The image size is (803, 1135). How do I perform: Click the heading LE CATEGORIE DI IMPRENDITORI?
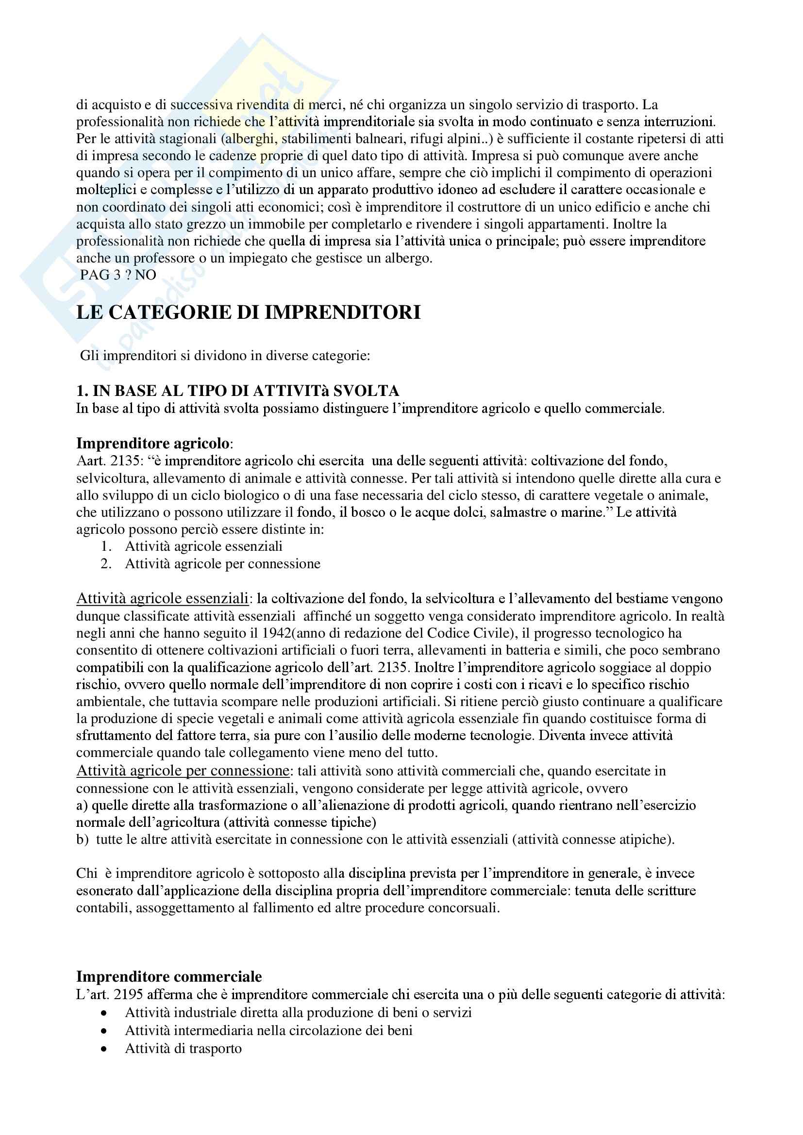pos(248,313)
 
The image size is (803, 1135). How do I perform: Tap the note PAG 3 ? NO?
pos(117,275)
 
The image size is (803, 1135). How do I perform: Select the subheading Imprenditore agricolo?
pos(152,443)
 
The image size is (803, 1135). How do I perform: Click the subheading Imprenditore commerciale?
pos(168,976)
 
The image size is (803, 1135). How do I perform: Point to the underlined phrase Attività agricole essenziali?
pos(162,599)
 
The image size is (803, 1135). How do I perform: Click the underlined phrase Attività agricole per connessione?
pos(183,771)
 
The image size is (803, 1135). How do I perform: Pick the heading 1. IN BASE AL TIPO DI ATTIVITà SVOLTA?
pos(237,391)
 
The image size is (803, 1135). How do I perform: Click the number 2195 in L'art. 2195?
pos(128,994)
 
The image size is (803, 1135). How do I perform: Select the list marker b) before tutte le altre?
pos(83,839)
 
